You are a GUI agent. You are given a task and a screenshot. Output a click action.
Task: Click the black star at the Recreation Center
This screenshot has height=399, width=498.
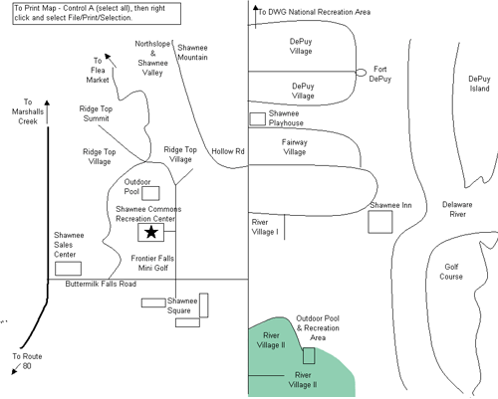click(151, 232)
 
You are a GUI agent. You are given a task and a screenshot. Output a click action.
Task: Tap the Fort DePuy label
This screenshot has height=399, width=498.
click(380, 74)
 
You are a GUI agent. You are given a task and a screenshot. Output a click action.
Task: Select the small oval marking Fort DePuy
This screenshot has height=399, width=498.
click(361, 73)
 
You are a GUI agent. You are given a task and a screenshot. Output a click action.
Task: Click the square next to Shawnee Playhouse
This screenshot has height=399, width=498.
click(257, 118)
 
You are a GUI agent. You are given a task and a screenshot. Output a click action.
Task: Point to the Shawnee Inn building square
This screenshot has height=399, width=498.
click(380, 222)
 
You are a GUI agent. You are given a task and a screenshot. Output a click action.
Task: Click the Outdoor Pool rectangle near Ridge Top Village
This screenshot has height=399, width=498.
click(150, 193)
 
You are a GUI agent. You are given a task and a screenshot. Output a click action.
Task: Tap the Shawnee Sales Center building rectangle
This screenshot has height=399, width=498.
click(68, 269)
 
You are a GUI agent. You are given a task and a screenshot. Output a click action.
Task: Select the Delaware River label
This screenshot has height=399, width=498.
click(457, 209)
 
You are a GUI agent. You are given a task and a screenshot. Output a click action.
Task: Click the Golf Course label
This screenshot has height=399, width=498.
click(451, 272)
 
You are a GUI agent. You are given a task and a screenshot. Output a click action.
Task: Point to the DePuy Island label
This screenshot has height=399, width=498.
click(479, 84)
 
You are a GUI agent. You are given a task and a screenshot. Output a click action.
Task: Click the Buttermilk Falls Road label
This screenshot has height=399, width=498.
click(101, 284)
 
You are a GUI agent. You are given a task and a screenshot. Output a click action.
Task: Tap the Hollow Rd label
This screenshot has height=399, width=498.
click(228, 151)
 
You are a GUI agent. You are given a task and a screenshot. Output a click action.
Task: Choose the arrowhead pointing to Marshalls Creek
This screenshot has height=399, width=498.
click(47, 103)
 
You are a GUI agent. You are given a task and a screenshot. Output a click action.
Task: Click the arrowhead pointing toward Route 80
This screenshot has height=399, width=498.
click(14, 371)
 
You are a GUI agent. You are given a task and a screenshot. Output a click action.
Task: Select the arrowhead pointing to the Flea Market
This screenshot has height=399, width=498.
click(108, 57)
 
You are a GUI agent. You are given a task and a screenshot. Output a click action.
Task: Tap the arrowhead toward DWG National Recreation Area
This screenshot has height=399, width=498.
click(255, 8)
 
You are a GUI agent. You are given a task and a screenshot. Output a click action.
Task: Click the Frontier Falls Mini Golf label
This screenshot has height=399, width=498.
click(152, 263)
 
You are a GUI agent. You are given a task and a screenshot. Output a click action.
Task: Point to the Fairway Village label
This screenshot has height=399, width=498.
click(295, 147)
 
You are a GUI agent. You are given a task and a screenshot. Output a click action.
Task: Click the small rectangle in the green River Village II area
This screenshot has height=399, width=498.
click(309, 355)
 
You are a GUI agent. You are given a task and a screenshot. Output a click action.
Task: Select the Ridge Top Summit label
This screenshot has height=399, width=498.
click(96, 113)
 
